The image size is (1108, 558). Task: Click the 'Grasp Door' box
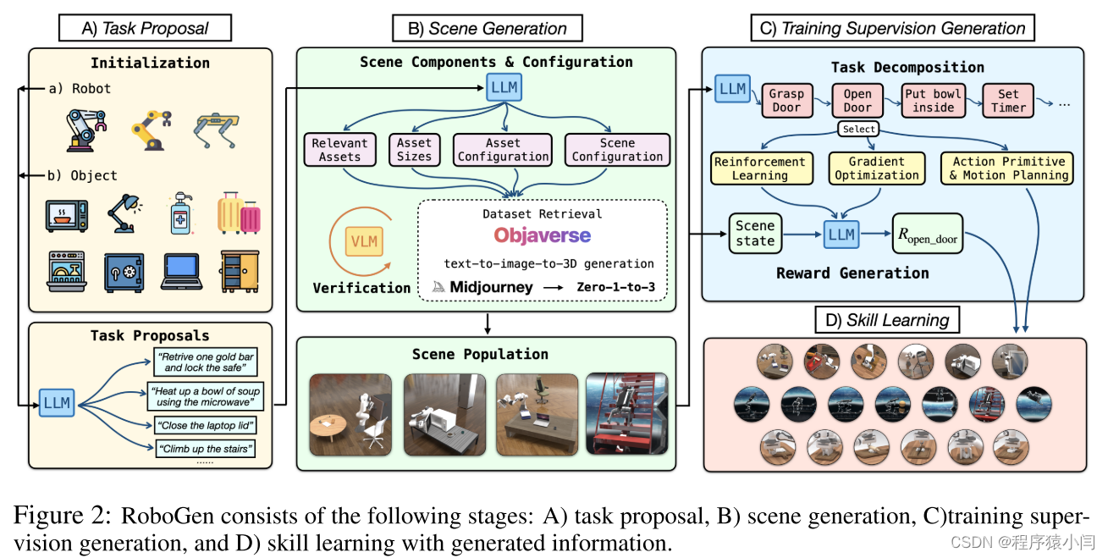click(x=786, y=101)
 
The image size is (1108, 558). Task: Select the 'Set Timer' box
click(x=1008, y=101)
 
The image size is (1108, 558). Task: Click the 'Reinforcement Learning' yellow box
click(x=759, y=168)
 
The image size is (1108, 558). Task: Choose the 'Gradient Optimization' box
click(x=876, y=168)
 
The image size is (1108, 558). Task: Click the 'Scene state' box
click(x=755, y=233)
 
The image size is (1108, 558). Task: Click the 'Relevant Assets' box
click(x=339, y=150)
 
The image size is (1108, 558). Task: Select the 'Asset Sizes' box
click(x=414, y=150)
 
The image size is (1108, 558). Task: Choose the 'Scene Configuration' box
click(x=617, y=150)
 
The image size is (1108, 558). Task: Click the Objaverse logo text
click(x=543, y=235)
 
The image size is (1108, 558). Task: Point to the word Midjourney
click(x=491, y=287)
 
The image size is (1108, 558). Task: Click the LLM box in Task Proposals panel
click(x=58, y=403)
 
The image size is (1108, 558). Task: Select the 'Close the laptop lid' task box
click(x=205, y=425)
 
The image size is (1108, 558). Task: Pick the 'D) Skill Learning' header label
click(x=887, y=320)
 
